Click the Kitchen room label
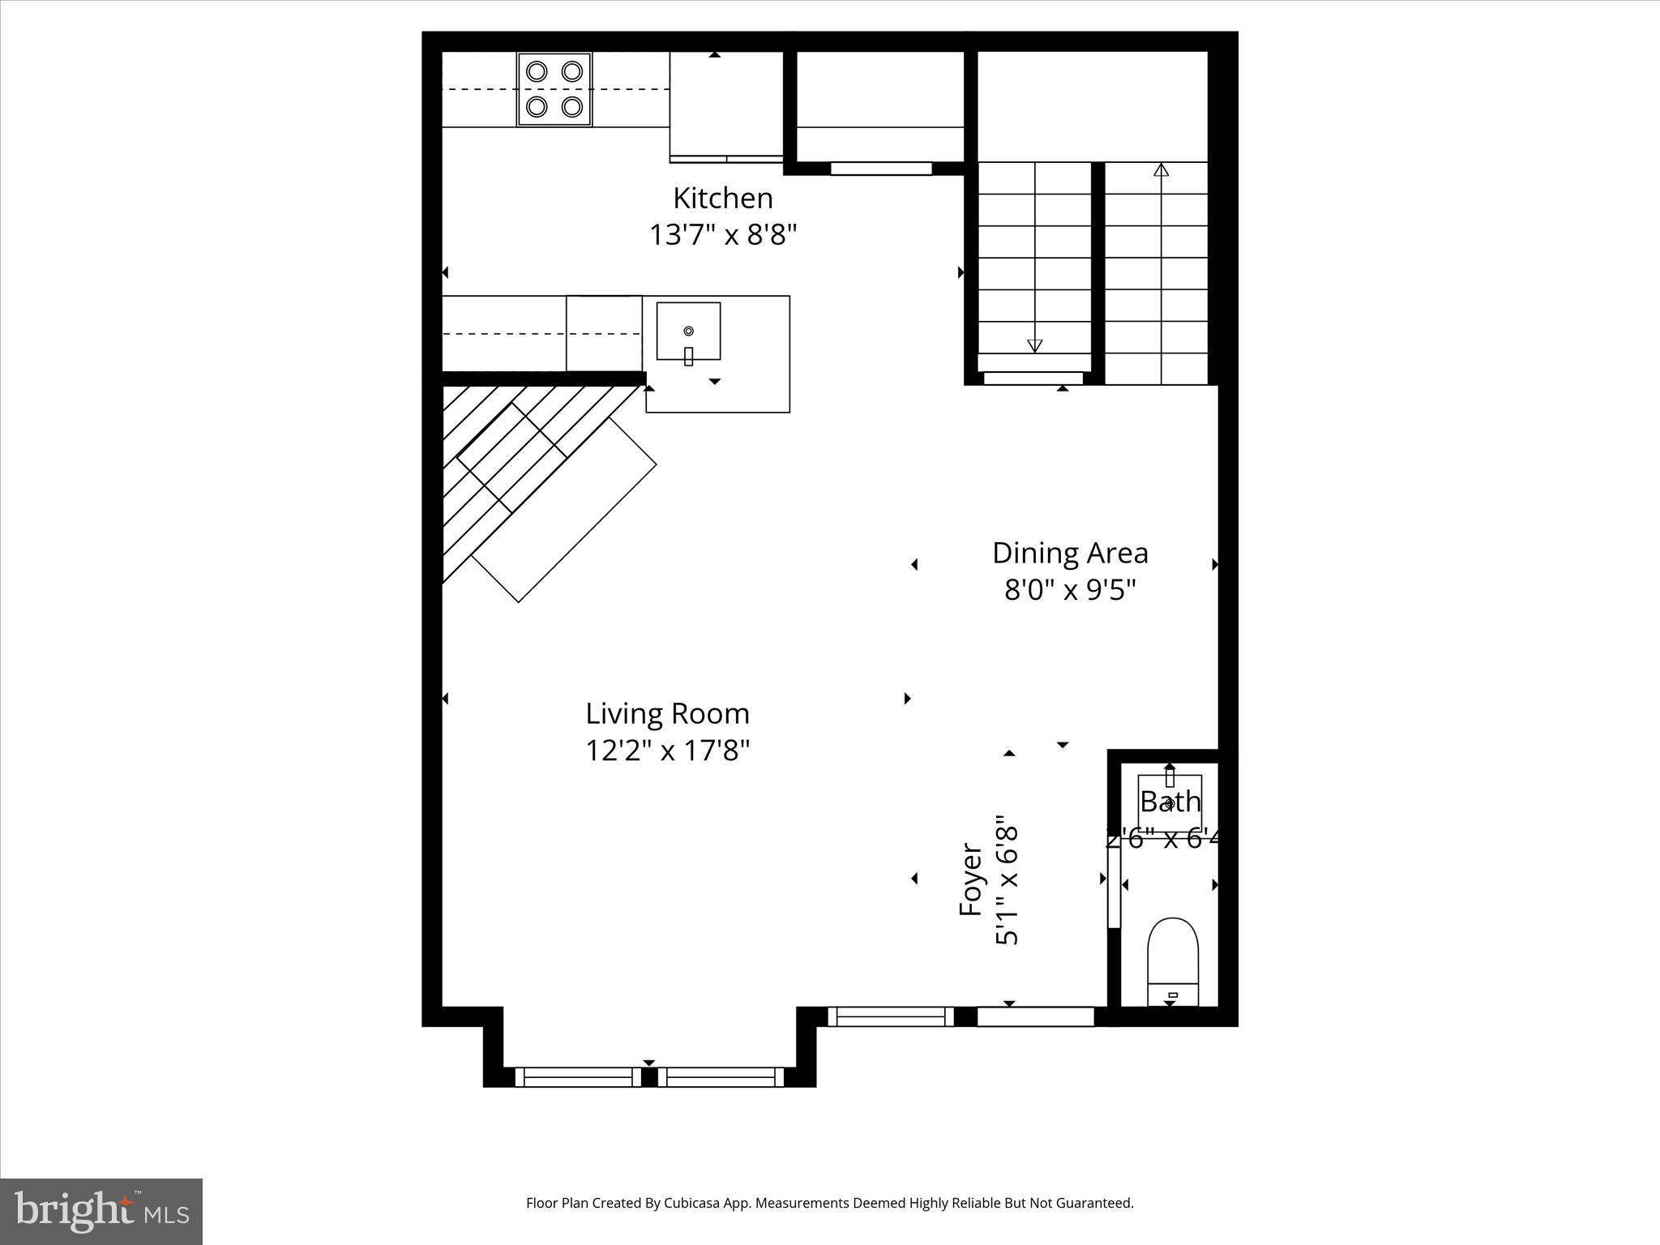point(722,199)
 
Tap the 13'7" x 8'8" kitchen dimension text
point(722,235)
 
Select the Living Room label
point(667,714)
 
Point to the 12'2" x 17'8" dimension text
point(667,751)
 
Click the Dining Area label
point(1070,554)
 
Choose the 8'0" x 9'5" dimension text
point(1070,590)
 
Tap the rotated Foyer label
point(971,880)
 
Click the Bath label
point(1170,802)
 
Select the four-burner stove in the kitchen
point(554,89)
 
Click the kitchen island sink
point(688,331)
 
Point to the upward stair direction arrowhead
point(1161,169)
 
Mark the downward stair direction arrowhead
point(1034,346)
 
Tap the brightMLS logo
point(101,1212)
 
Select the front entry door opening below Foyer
point(1035,1016)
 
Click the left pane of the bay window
point(578,1077)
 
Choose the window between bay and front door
point(891,1016)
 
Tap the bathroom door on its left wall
point(1114,888)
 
